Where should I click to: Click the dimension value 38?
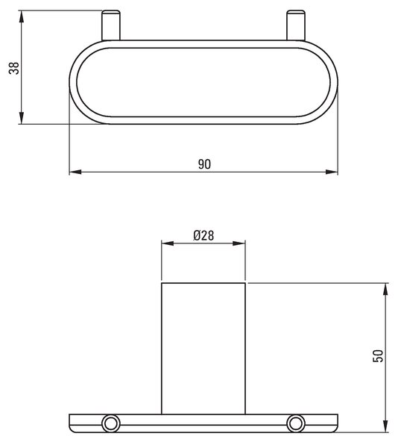(x=13, y=68)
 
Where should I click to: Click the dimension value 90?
(x=204, y=164)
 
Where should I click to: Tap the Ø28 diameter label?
(x=203, y=235)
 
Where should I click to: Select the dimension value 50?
(x=378, y=355)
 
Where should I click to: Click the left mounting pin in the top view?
(x=111, y=25)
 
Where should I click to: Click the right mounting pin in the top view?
(x=296, y=25)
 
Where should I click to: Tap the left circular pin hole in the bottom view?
(x=111, y=423)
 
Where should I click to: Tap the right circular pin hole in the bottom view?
(x=296, y=423)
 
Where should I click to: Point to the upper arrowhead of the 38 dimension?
(x=21, y=16)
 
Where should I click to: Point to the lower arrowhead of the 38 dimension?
(x=21, y=118)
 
